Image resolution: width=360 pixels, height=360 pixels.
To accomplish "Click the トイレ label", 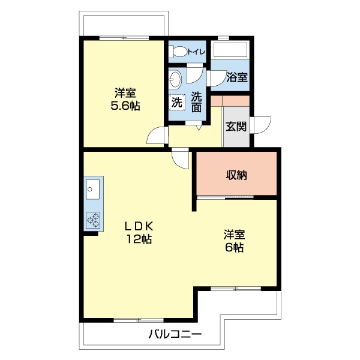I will click(x=196, y=52).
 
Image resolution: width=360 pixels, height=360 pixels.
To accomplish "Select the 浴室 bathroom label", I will click(x=236, y=77).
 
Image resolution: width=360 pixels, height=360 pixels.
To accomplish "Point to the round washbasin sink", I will click(x=175, y=79).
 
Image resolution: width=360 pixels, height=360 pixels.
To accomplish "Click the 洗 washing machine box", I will click(x=176, y=103).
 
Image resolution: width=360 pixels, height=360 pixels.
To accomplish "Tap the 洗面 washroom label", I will click(x=196, y=102).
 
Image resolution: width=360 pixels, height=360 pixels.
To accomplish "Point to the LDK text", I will click(x=139, y=226).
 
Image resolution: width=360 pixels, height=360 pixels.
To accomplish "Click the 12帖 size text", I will click(x=139, y=239).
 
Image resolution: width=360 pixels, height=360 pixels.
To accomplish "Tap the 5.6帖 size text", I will click(x=125, y=106).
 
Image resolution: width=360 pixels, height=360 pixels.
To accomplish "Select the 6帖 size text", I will click(x=235, y=247).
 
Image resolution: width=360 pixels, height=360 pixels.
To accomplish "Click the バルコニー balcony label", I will click(x=175, y=334).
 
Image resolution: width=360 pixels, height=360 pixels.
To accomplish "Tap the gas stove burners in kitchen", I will click(x=93, y=220).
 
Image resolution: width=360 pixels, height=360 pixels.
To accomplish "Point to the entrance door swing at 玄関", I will click(x=262, y=125).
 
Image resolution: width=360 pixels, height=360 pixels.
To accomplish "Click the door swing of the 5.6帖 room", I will click(x=157, y=136).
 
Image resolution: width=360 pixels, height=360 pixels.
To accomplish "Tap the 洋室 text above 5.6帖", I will click(x=125, y=93).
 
